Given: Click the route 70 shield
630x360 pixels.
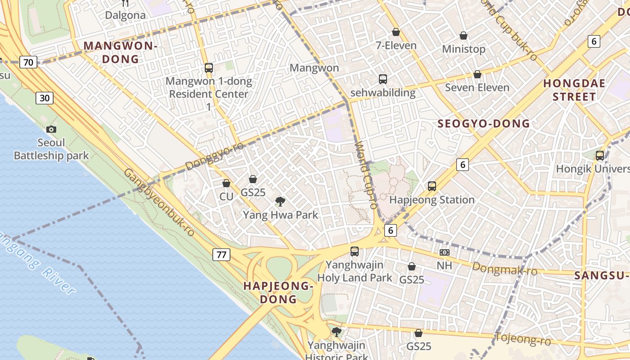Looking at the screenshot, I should point(28,62).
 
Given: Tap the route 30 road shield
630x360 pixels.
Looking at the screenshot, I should point(45,98).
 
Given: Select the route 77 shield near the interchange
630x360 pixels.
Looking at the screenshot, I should point(221,255).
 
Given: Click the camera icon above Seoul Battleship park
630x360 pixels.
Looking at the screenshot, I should point(51,130).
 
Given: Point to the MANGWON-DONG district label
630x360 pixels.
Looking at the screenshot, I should point(120,52).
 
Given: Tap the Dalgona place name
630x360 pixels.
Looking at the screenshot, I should point(125,15).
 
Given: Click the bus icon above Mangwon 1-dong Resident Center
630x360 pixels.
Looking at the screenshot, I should point(209,68).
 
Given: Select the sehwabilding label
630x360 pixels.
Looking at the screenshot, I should point(382,93).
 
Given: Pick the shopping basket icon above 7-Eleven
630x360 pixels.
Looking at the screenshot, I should point(396,32).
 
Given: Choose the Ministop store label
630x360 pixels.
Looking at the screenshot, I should point(463,49).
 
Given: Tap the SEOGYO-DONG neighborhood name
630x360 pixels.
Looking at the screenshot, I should point(484,124).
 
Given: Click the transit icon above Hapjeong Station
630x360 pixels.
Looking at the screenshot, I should point(432,186).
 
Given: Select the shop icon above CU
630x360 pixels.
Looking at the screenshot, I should point(226,183).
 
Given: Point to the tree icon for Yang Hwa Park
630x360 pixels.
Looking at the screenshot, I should point(280,201).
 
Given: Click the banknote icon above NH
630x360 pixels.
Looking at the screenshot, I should point(444,252).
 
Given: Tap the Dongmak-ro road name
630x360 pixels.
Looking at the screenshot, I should point(504,269).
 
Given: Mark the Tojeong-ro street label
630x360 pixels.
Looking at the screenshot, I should point(522,338).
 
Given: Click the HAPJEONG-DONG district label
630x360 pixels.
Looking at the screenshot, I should point(278,292).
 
